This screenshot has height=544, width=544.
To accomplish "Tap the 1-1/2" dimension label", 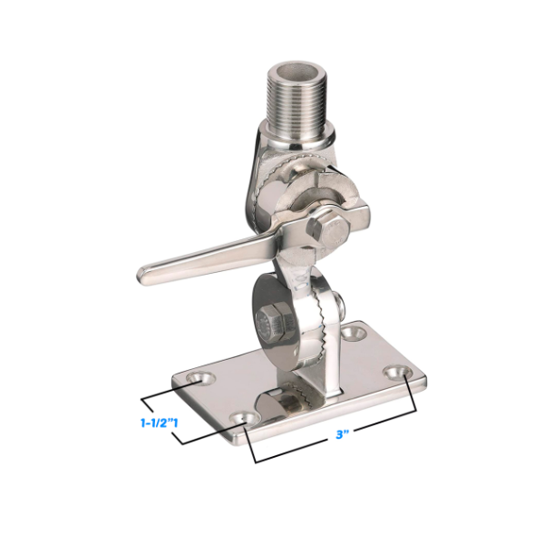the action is [x=159, y=423].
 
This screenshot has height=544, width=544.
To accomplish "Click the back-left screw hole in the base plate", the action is [x=200, y=378].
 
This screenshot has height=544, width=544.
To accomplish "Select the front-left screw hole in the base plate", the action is [x=244, y=418].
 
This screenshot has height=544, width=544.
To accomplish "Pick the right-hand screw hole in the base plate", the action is [x=398, y=373].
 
